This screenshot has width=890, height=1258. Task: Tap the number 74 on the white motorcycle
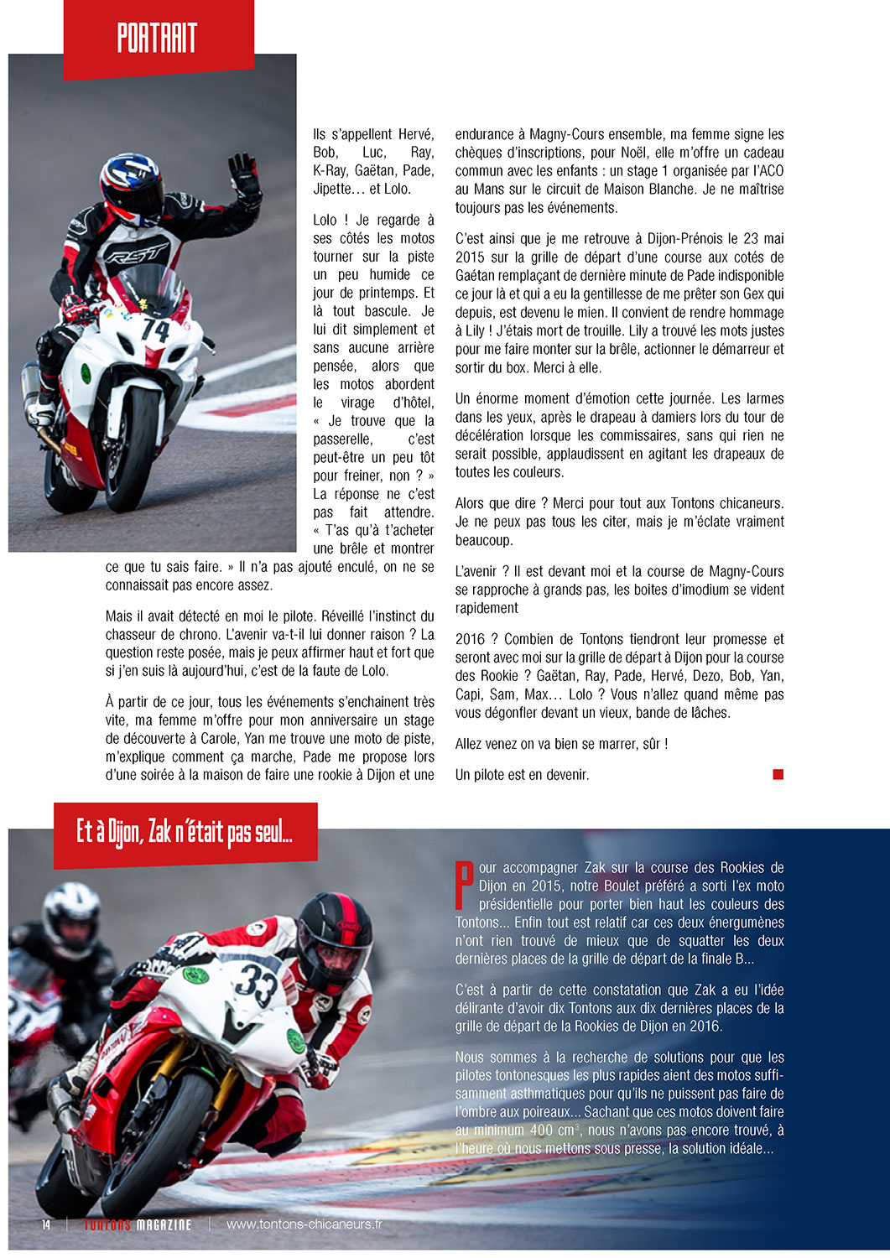(156, 330)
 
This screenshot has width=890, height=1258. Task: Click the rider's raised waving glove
(244, 179)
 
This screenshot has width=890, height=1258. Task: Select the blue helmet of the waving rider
(131, 185)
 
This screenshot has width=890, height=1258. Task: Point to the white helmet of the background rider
(71, 918)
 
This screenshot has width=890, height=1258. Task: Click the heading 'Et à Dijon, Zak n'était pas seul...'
(185, 833)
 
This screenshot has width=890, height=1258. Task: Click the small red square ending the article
(778, 774)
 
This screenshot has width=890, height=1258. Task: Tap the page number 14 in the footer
(46, 1224)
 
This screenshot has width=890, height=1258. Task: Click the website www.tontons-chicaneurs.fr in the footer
(304, 1224)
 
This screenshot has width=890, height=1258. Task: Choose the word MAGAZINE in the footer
(164, 1225)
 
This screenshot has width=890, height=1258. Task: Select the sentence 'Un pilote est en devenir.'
(522, 775)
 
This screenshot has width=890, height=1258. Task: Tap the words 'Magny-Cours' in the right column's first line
(564, 134)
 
